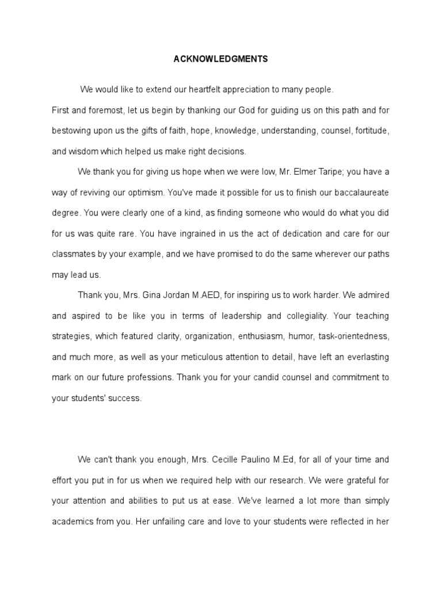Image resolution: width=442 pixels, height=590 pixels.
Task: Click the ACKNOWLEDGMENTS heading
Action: coord(221,59)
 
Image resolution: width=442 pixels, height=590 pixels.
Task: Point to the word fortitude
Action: coord(372,131)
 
